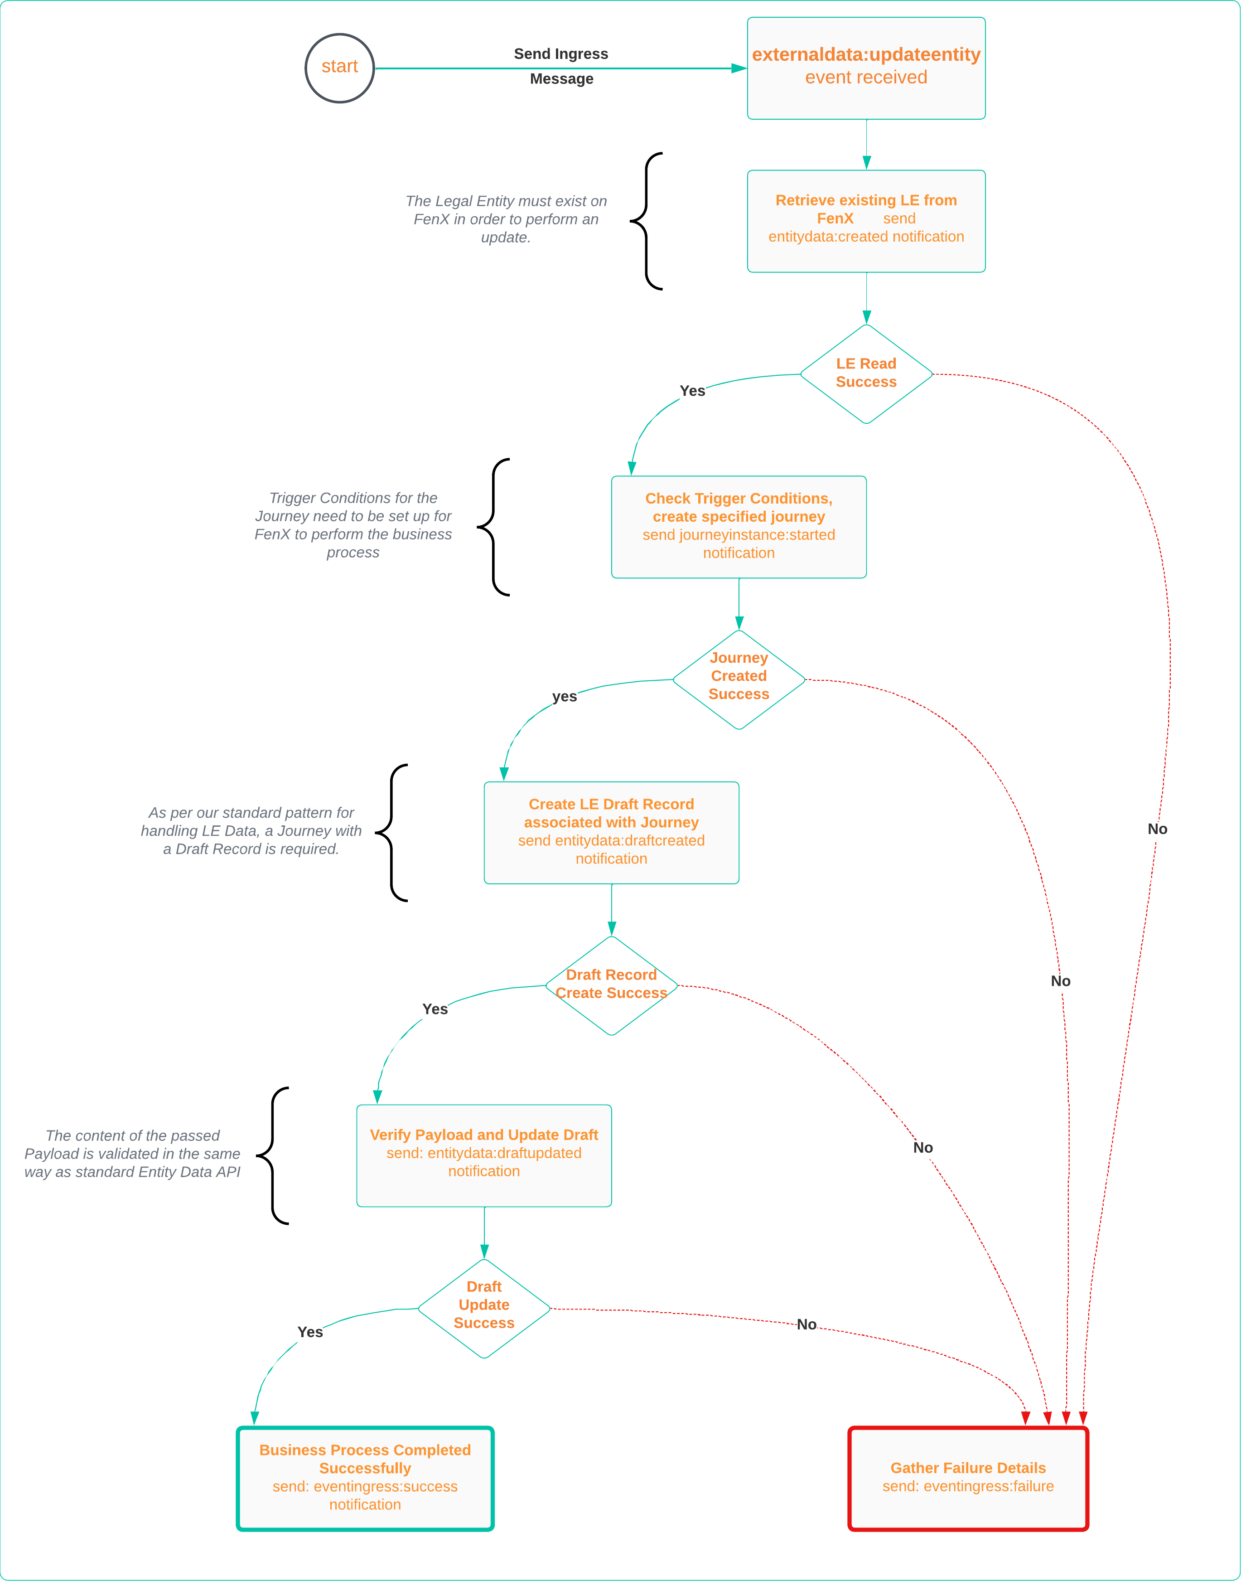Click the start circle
(x=339, y=68)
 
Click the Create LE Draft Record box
(x=611, y=832)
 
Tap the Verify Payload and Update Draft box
(x=484, y=1155)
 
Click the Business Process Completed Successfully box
(x=365, y=1478)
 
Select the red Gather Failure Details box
(x=968, y=1478)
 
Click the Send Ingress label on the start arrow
(x=561, y=54)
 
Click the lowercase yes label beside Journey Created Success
(x=565, y=696)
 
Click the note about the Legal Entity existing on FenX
(x=506, y=219)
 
